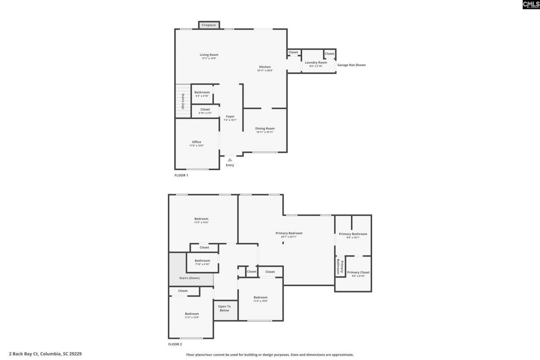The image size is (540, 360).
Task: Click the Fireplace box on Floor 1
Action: click(x=209, y=25)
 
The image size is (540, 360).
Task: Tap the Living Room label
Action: click(x=209, y=55)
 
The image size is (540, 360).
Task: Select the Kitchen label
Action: click(x=265, y=67)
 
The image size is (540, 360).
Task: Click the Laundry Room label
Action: click(x=316, y=62)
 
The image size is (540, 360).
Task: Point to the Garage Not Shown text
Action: click(x=351, y=65)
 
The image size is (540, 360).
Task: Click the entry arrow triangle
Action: click(x=230, y=160)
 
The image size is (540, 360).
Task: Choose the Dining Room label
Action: click(x=265, y=128)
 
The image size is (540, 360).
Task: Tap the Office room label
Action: click(x=196, y=142)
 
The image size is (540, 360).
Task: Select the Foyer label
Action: click(x=230, y=116)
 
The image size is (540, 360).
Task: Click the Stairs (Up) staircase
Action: click(x=183, y=101)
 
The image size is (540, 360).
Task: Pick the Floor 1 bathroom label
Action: click(x=202, y=92)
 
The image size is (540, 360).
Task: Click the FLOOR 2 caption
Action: click(x=175, y=344)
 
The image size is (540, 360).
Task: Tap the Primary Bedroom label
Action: click(x=289, y=233)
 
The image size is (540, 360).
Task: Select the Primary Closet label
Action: click(x=358, y=272)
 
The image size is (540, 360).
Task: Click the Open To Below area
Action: click(x=224, y=309)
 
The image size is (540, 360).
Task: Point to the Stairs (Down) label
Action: click(x=189, y=278)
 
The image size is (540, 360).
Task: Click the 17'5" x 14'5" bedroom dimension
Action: click(x=201, y=222)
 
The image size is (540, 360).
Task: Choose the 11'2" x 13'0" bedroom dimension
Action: click(x=192, y=317)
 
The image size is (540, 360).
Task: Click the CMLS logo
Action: click(x=531, y=5)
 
